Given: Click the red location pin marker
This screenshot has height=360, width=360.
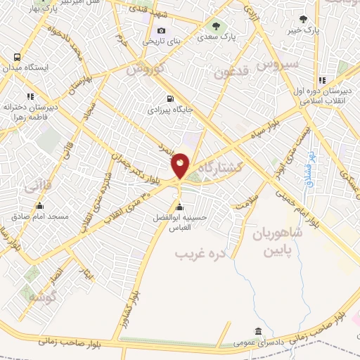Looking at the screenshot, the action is [180, 166].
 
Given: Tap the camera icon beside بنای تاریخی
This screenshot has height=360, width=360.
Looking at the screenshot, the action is [162, 30].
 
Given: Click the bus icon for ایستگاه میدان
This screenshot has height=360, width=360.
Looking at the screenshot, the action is [16, 56].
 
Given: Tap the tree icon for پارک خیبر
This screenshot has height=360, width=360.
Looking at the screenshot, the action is [303, 19].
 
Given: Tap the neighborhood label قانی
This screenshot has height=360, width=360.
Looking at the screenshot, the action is [37, 188].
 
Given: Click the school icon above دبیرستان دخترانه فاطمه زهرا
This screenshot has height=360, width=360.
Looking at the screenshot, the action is [30, 96].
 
